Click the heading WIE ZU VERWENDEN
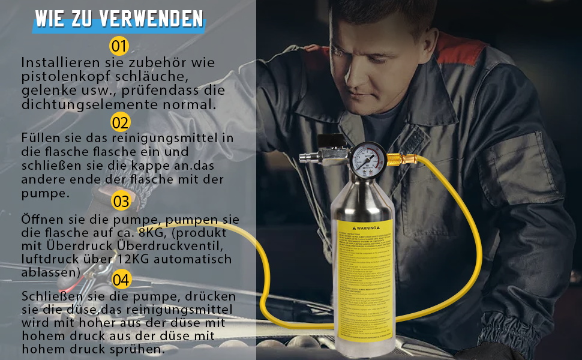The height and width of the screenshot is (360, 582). (x=119, y=19)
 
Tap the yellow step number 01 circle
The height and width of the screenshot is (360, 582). (x=119, y=46)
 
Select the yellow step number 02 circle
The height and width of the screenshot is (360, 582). (x=121, y=122)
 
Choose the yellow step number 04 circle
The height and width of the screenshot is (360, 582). (x=121, y=280)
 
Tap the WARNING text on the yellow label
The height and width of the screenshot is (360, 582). (x=367, y=228)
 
